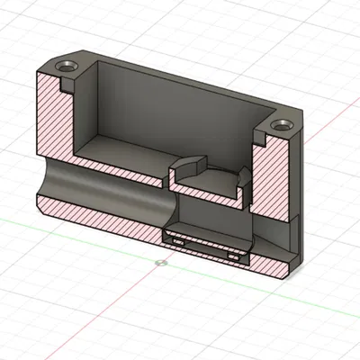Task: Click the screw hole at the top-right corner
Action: point(284,123)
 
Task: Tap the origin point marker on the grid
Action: point(159,263)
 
